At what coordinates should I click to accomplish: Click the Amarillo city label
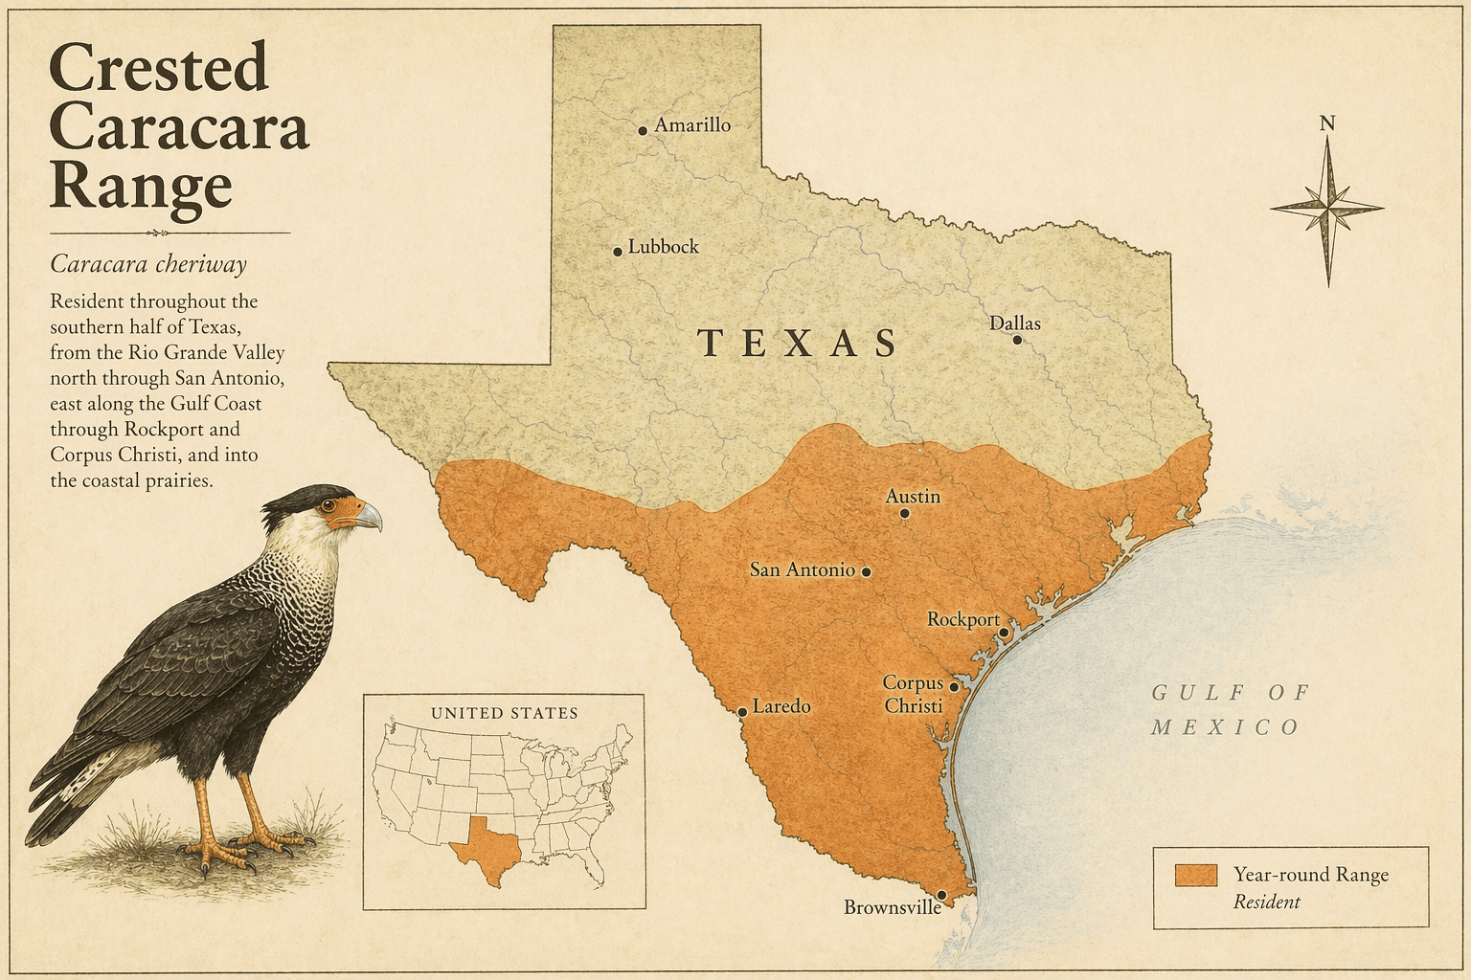click(x=691, y=125)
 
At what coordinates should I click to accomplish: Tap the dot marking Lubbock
click(x=618, y=252)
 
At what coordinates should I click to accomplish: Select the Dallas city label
click(x=1014, y=323)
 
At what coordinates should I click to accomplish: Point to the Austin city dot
click(x=904, y=513)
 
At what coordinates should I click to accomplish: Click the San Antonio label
click(x=802, y=569)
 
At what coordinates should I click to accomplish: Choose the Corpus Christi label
click(x=913, y=694)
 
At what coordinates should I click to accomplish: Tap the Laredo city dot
click(x=742, y=712)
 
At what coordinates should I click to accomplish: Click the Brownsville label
click(x=892, y=907)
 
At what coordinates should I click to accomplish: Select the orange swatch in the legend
click(x=1196, y=874)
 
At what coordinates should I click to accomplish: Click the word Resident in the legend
click(x=1266, y=902)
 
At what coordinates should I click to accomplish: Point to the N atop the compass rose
click(x=1327, y=123)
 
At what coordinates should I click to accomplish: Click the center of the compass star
click(x=1328, y=207)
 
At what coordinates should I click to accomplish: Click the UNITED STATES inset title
click(x=504, y=713)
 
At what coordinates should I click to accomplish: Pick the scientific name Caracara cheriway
click(x=148, y=264)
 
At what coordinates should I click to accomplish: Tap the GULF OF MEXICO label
click(x=1229, y=709)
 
